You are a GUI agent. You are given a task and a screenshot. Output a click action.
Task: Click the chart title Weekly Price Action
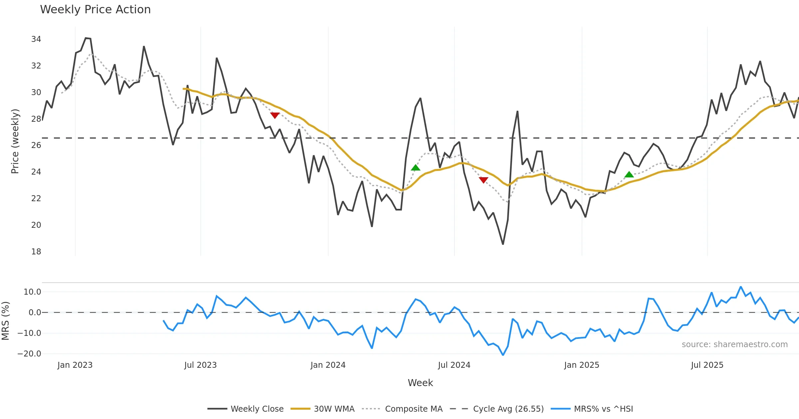pos(95,10)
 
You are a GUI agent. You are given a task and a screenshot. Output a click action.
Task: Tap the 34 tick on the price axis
pos(36,39)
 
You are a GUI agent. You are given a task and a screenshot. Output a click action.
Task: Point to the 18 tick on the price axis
pos(36,252)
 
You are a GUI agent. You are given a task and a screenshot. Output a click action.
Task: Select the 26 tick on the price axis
pos(36,145)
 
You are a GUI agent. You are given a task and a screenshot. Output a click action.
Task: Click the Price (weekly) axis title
pos(15,141)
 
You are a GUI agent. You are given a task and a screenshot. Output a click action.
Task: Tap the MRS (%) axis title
pos(5,321)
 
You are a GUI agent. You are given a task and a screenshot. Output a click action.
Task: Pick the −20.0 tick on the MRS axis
pos(29,354)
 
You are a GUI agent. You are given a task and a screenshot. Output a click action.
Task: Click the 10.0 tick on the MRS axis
pos(32,292)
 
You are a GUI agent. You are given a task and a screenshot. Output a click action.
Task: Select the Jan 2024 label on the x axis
pos(328,365)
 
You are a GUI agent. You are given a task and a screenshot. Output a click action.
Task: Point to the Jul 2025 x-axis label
pos(707,365)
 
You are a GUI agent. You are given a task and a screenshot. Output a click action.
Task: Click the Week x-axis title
pos(420,383)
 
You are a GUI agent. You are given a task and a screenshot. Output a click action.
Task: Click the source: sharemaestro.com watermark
pos(734,345)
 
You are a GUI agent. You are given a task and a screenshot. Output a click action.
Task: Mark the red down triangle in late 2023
pos(275,115)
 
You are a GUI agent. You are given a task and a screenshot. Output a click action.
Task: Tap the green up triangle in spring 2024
pos(415,168)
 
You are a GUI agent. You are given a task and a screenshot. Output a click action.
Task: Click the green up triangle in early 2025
pos(629,175)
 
